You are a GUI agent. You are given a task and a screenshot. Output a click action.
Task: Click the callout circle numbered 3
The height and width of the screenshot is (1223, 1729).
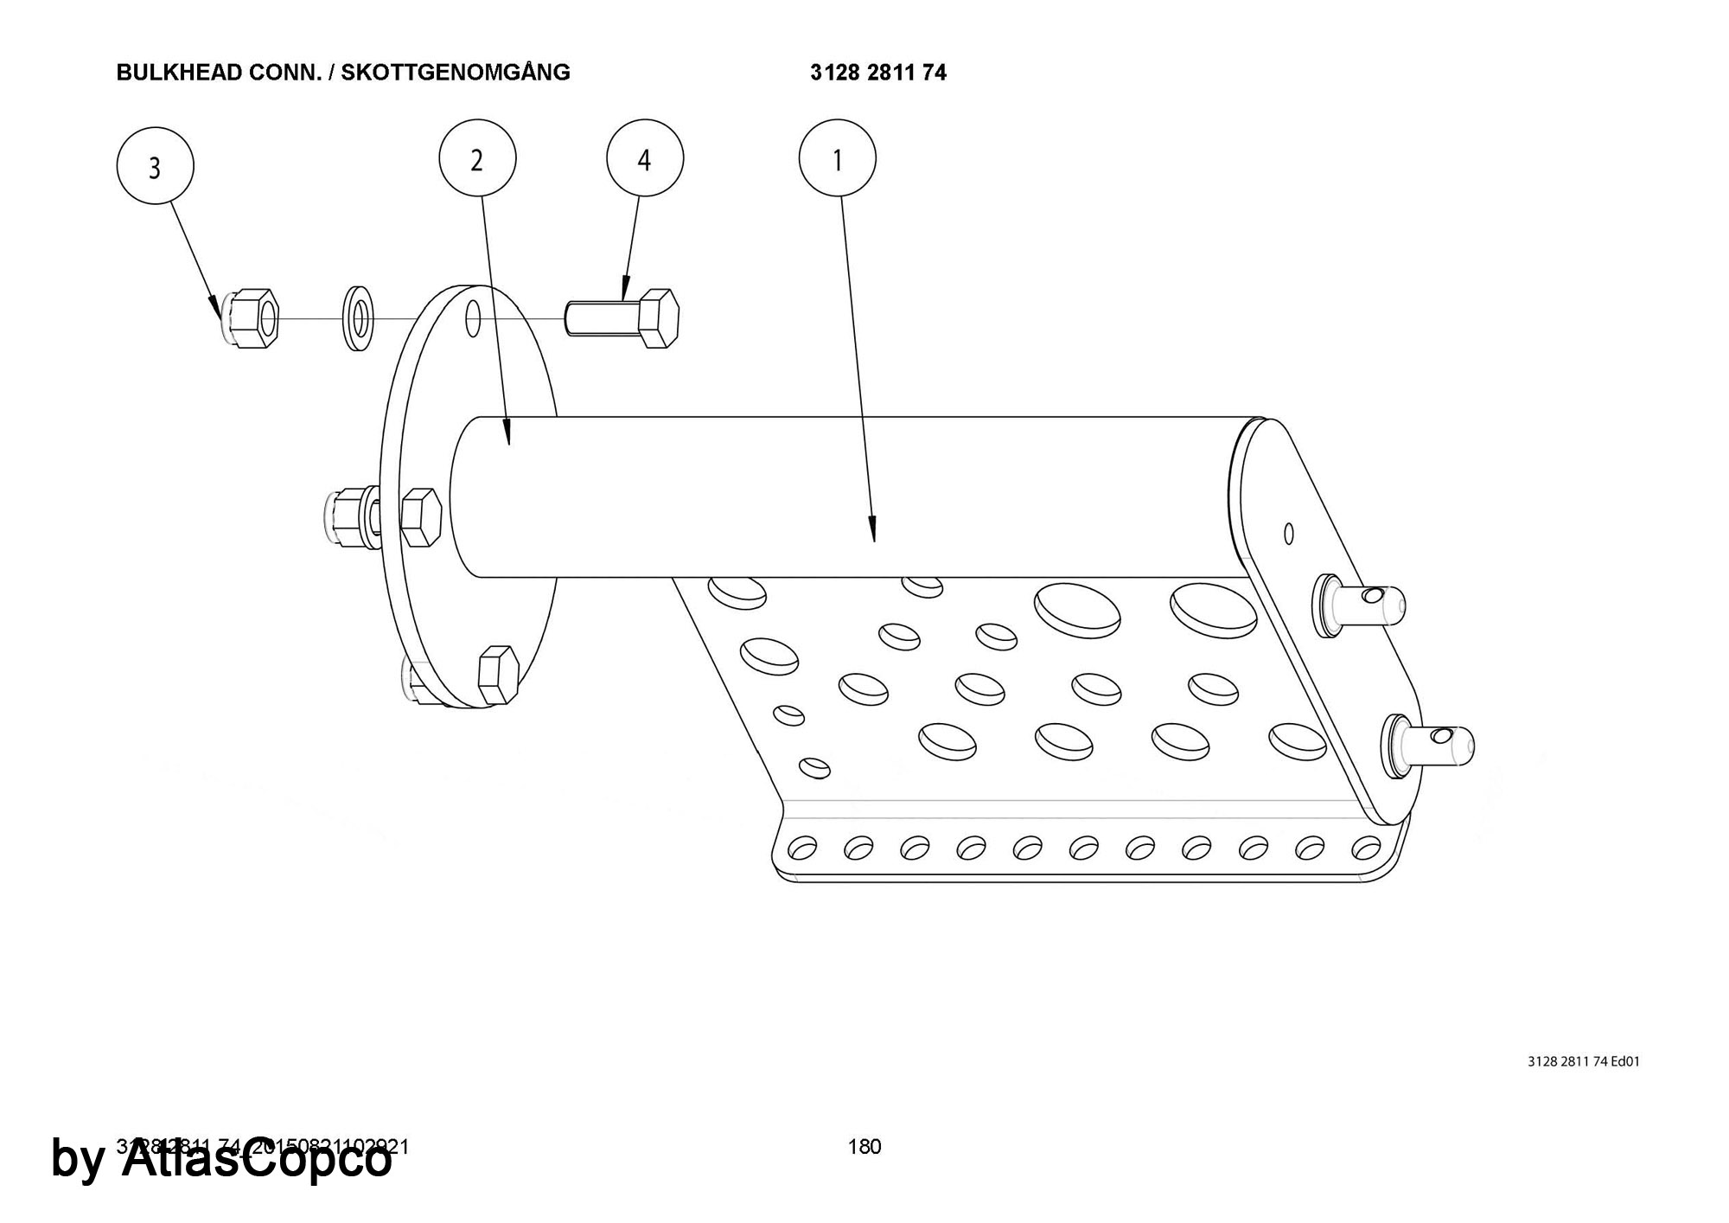tap(155, 166)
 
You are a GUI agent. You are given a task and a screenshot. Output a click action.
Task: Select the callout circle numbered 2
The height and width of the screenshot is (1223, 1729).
tap(477, 159)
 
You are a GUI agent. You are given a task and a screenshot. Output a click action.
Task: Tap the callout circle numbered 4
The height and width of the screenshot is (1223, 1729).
tap(645, 159)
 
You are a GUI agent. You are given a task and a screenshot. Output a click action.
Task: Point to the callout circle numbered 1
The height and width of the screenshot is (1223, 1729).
tap(837, 159)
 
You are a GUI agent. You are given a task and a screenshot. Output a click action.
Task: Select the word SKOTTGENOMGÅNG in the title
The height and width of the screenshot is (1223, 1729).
tap(456, 73)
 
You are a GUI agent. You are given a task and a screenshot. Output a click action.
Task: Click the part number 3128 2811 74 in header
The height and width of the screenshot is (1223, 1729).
tap(878, 73)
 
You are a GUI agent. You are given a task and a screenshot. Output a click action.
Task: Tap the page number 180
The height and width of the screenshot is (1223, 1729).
tap(864, 1147)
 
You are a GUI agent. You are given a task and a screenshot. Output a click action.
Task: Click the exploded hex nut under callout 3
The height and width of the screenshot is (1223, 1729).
tap(251, 318)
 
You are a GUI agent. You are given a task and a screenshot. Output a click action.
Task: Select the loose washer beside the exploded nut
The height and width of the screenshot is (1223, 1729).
tap(358, 317)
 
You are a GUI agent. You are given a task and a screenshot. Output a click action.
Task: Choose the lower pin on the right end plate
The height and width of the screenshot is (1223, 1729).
tap(1430, 742)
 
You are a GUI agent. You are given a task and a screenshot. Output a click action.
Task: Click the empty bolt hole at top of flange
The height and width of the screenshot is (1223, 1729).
tap(473, 318)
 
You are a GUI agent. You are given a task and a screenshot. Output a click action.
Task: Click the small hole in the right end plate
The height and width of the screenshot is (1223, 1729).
tap(1288, 533)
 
